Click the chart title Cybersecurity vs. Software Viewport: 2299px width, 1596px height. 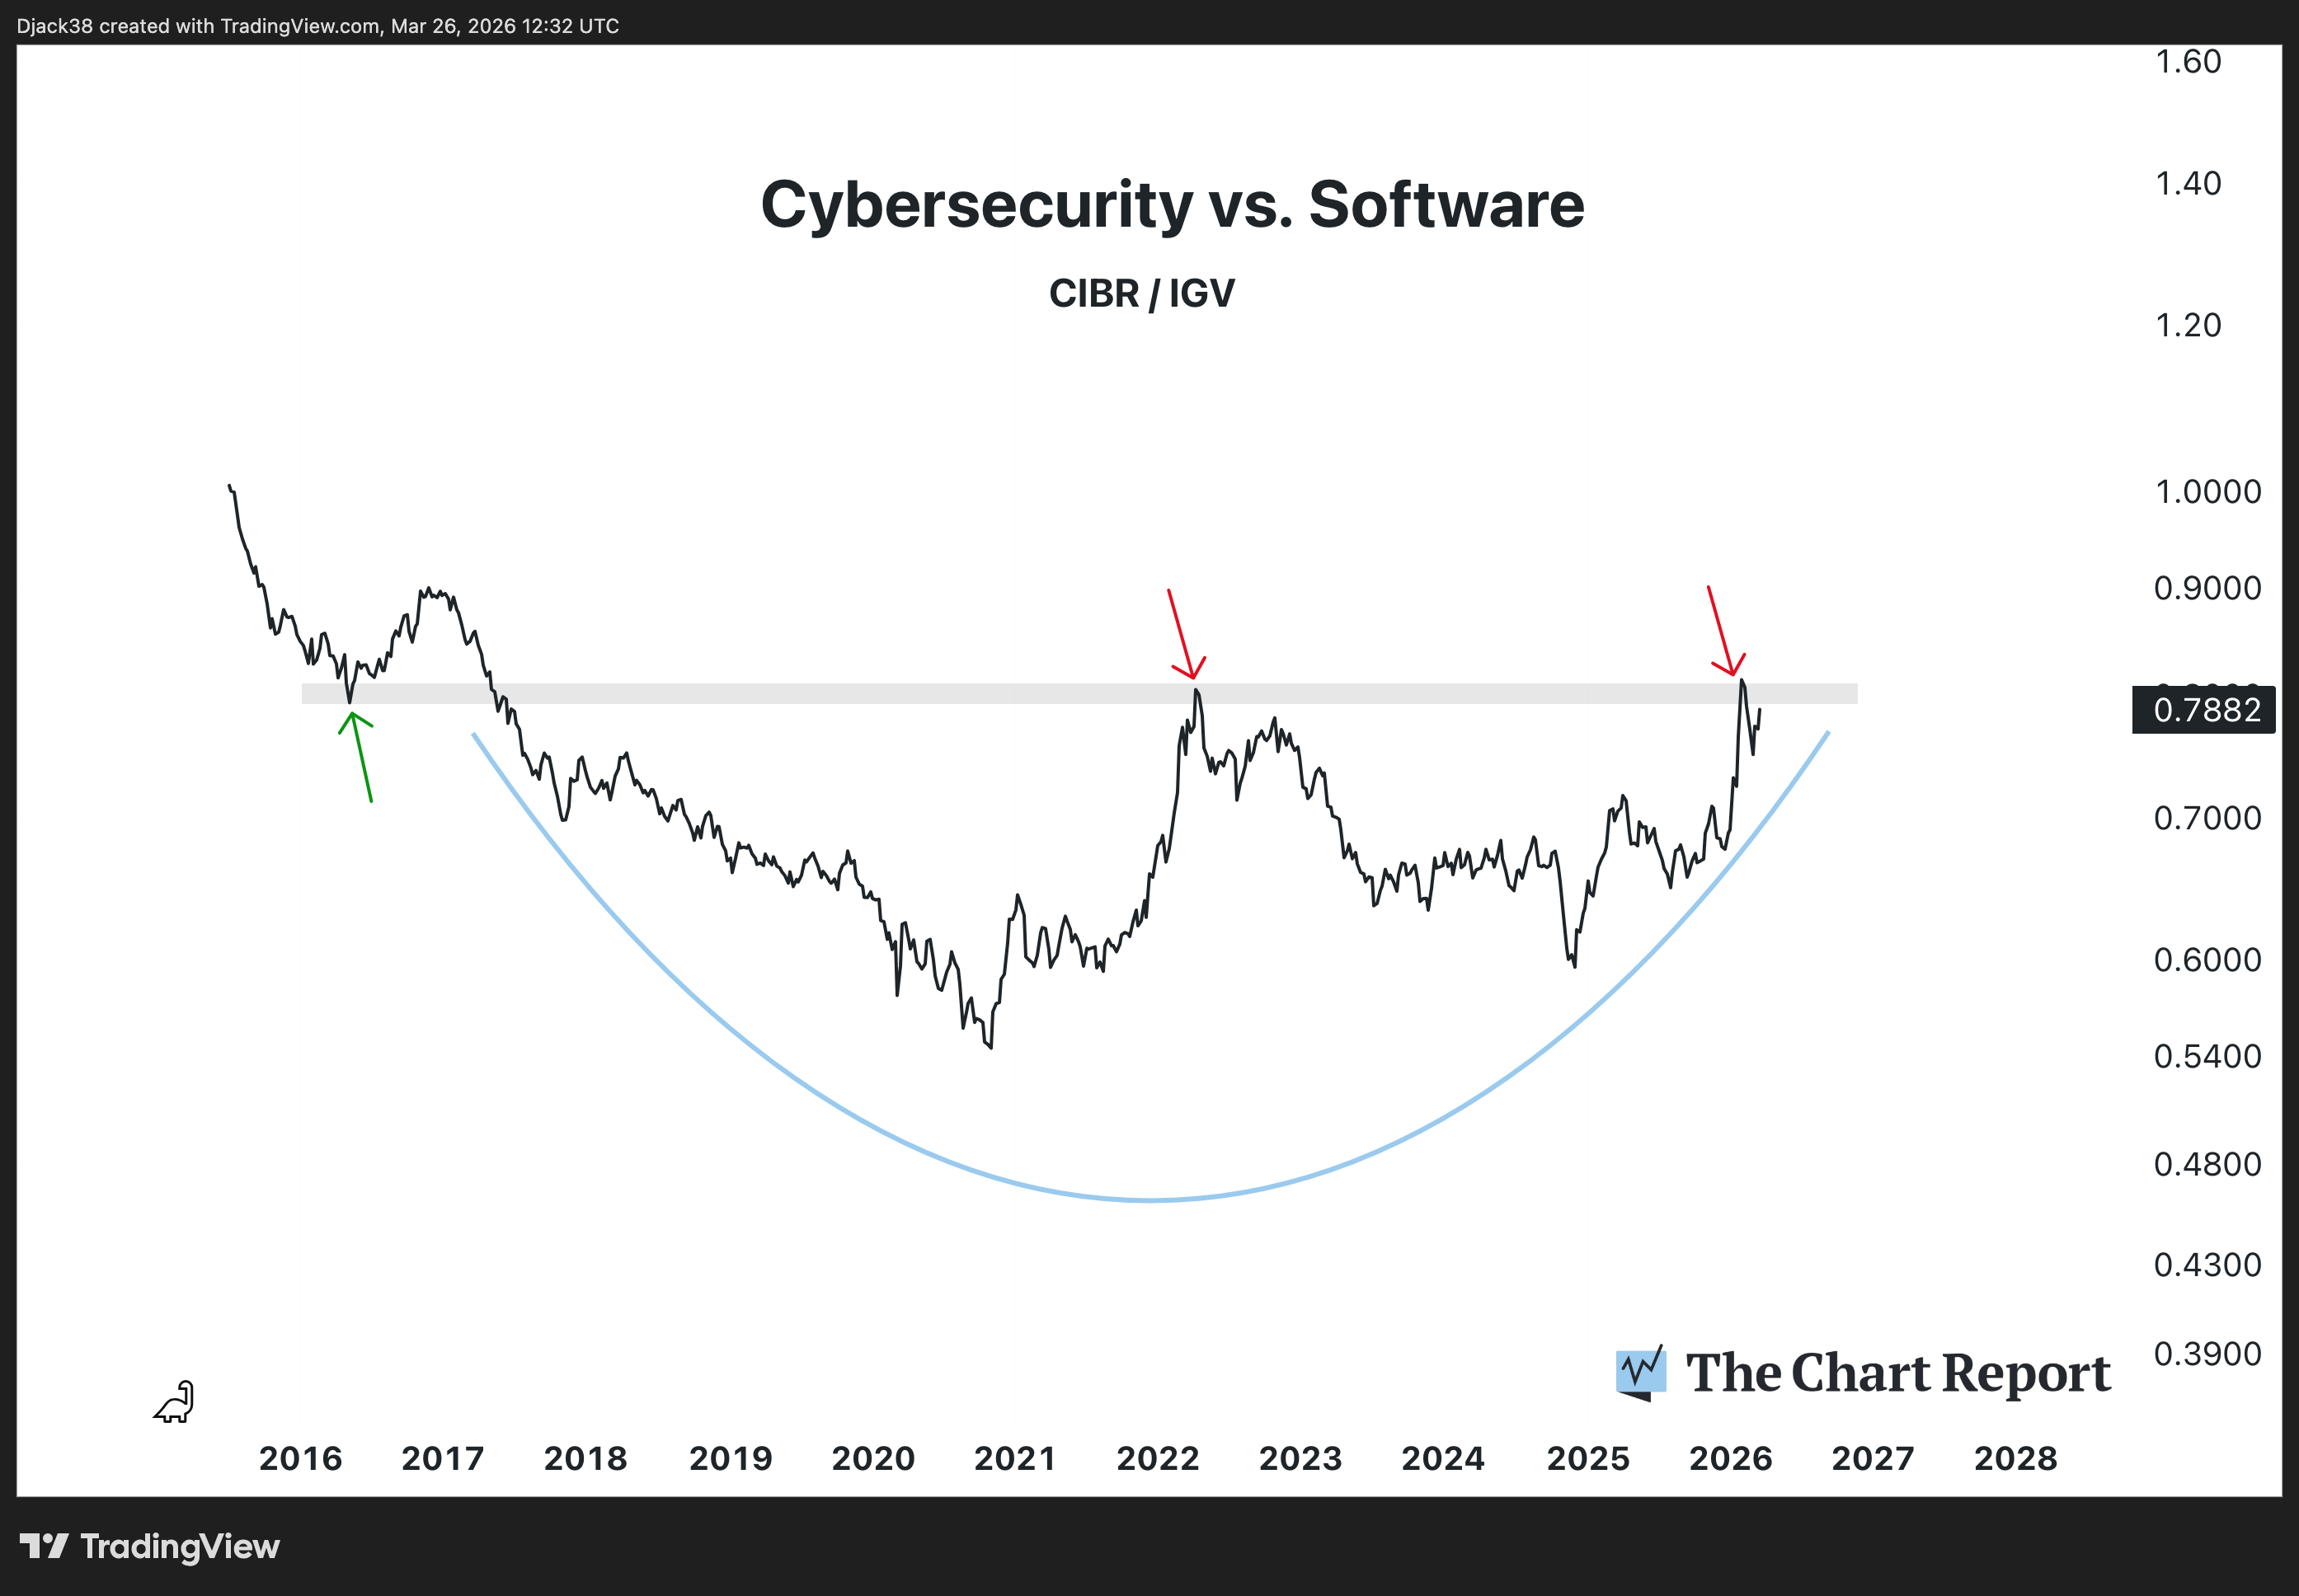point(1172,205)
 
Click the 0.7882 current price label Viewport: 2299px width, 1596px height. point(2205,710)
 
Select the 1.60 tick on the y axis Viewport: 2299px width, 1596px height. point(2187,62)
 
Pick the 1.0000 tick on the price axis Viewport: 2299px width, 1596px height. point(2206,492)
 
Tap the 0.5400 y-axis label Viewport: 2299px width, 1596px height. point(2206,1057)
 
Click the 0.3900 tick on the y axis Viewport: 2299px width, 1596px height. point(2206,1354)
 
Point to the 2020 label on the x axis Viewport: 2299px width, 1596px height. point(873,1459)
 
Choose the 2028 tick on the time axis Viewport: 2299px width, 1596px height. point(2015,1459)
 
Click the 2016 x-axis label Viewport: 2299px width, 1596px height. point(300,1459)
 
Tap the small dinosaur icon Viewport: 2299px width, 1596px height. point(175,1402)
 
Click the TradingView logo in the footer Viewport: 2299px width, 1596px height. point(150,1547)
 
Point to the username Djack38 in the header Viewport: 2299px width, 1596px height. point(55,26)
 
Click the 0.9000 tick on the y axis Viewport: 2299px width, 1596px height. point(2206,588)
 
